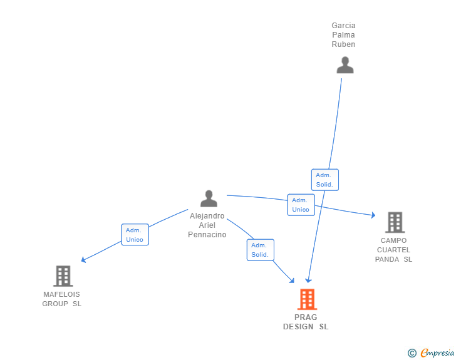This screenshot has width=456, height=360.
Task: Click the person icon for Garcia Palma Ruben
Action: [x=345, y=65]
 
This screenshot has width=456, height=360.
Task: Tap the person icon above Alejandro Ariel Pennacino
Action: [x=209, y=198]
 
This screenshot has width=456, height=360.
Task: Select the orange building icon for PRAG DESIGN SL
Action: [x=306, y=299]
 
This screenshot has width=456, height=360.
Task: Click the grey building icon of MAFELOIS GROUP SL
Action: [x=63, y=275]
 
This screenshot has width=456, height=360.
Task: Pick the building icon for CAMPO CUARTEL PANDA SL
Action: [x=395, y=222]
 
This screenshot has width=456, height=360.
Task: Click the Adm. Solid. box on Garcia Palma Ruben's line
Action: [x=324, y=180]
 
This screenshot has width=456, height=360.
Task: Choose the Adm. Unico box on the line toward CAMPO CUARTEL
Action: [x=301, y=205]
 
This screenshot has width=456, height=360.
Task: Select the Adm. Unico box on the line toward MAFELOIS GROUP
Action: [x=135, y=235]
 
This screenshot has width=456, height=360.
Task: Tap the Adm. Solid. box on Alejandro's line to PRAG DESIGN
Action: [x=260, y=250]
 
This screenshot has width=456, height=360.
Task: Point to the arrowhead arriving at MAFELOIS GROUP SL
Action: [x=84, y=260]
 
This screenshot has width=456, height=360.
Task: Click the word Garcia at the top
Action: [x=343, y=26]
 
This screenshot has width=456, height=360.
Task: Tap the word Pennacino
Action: [x=207, y=235]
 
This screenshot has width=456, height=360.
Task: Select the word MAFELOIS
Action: [x=61, y=294]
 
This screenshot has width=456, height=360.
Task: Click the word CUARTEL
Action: [x=393, y=250]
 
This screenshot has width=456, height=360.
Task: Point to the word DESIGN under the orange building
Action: [x=298, y=327]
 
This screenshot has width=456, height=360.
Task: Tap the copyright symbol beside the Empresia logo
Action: [x=412, y=353]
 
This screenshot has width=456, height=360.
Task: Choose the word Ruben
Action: [x=343, y=44]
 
